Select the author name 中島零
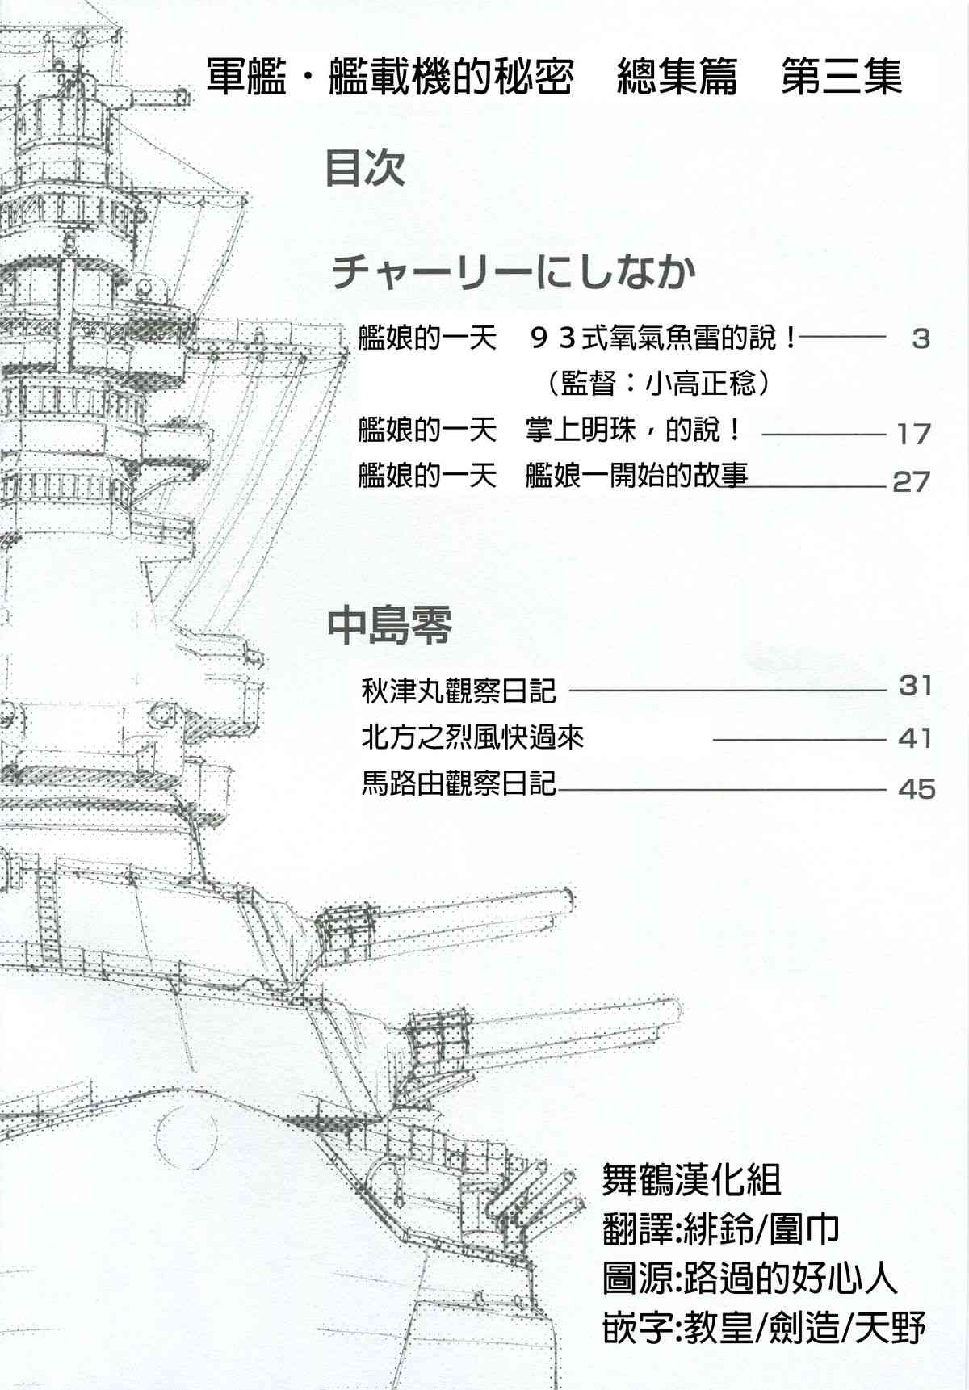click(389, 626)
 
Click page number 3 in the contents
click(921, 339)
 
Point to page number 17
click(913, 435)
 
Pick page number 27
click(912, 482)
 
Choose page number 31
click(915, 687)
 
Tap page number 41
click(915, 738)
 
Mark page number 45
click(917, 788)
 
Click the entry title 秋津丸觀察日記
click(459, 691)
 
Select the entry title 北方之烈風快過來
click(472, 737)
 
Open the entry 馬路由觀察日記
click(459, 783)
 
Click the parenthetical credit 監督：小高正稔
click(657, 384)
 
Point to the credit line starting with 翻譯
click(720, 1229)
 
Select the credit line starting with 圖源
click(749, 1279)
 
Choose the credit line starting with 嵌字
click(763, 1328)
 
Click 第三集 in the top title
click(841, 78)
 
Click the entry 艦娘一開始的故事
click(636, 476)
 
